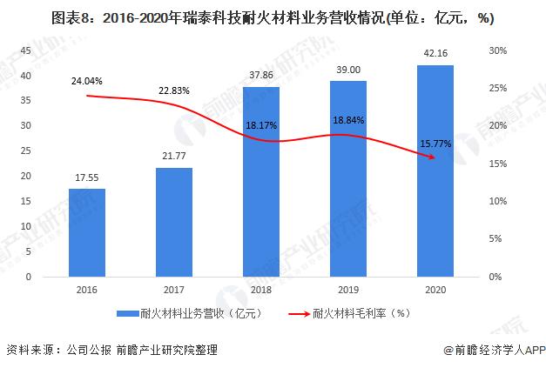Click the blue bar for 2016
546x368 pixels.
tap(86, 232)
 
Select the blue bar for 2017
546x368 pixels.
tap(173, 222)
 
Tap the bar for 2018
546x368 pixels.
tap(260, 182)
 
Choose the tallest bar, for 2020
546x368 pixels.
tap(435, 171)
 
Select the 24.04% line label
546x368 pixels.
tap(86, 81)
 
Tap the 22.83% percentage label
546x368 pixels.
tap(174, 90)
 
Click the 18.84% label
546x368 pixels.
tap(347, 121)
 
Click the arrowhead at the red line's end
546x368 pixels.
tap(433, 157)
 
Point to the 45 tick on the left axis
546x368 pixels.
tap(26, 51)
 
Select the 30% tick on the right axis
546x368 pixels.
tap(496, 51)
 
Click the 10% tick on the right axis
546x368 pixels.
tap(496, 201)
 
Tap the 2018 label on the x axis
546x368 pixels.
tap(260, 290)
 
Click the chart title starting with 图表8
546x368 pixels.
tap(273, 17)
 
